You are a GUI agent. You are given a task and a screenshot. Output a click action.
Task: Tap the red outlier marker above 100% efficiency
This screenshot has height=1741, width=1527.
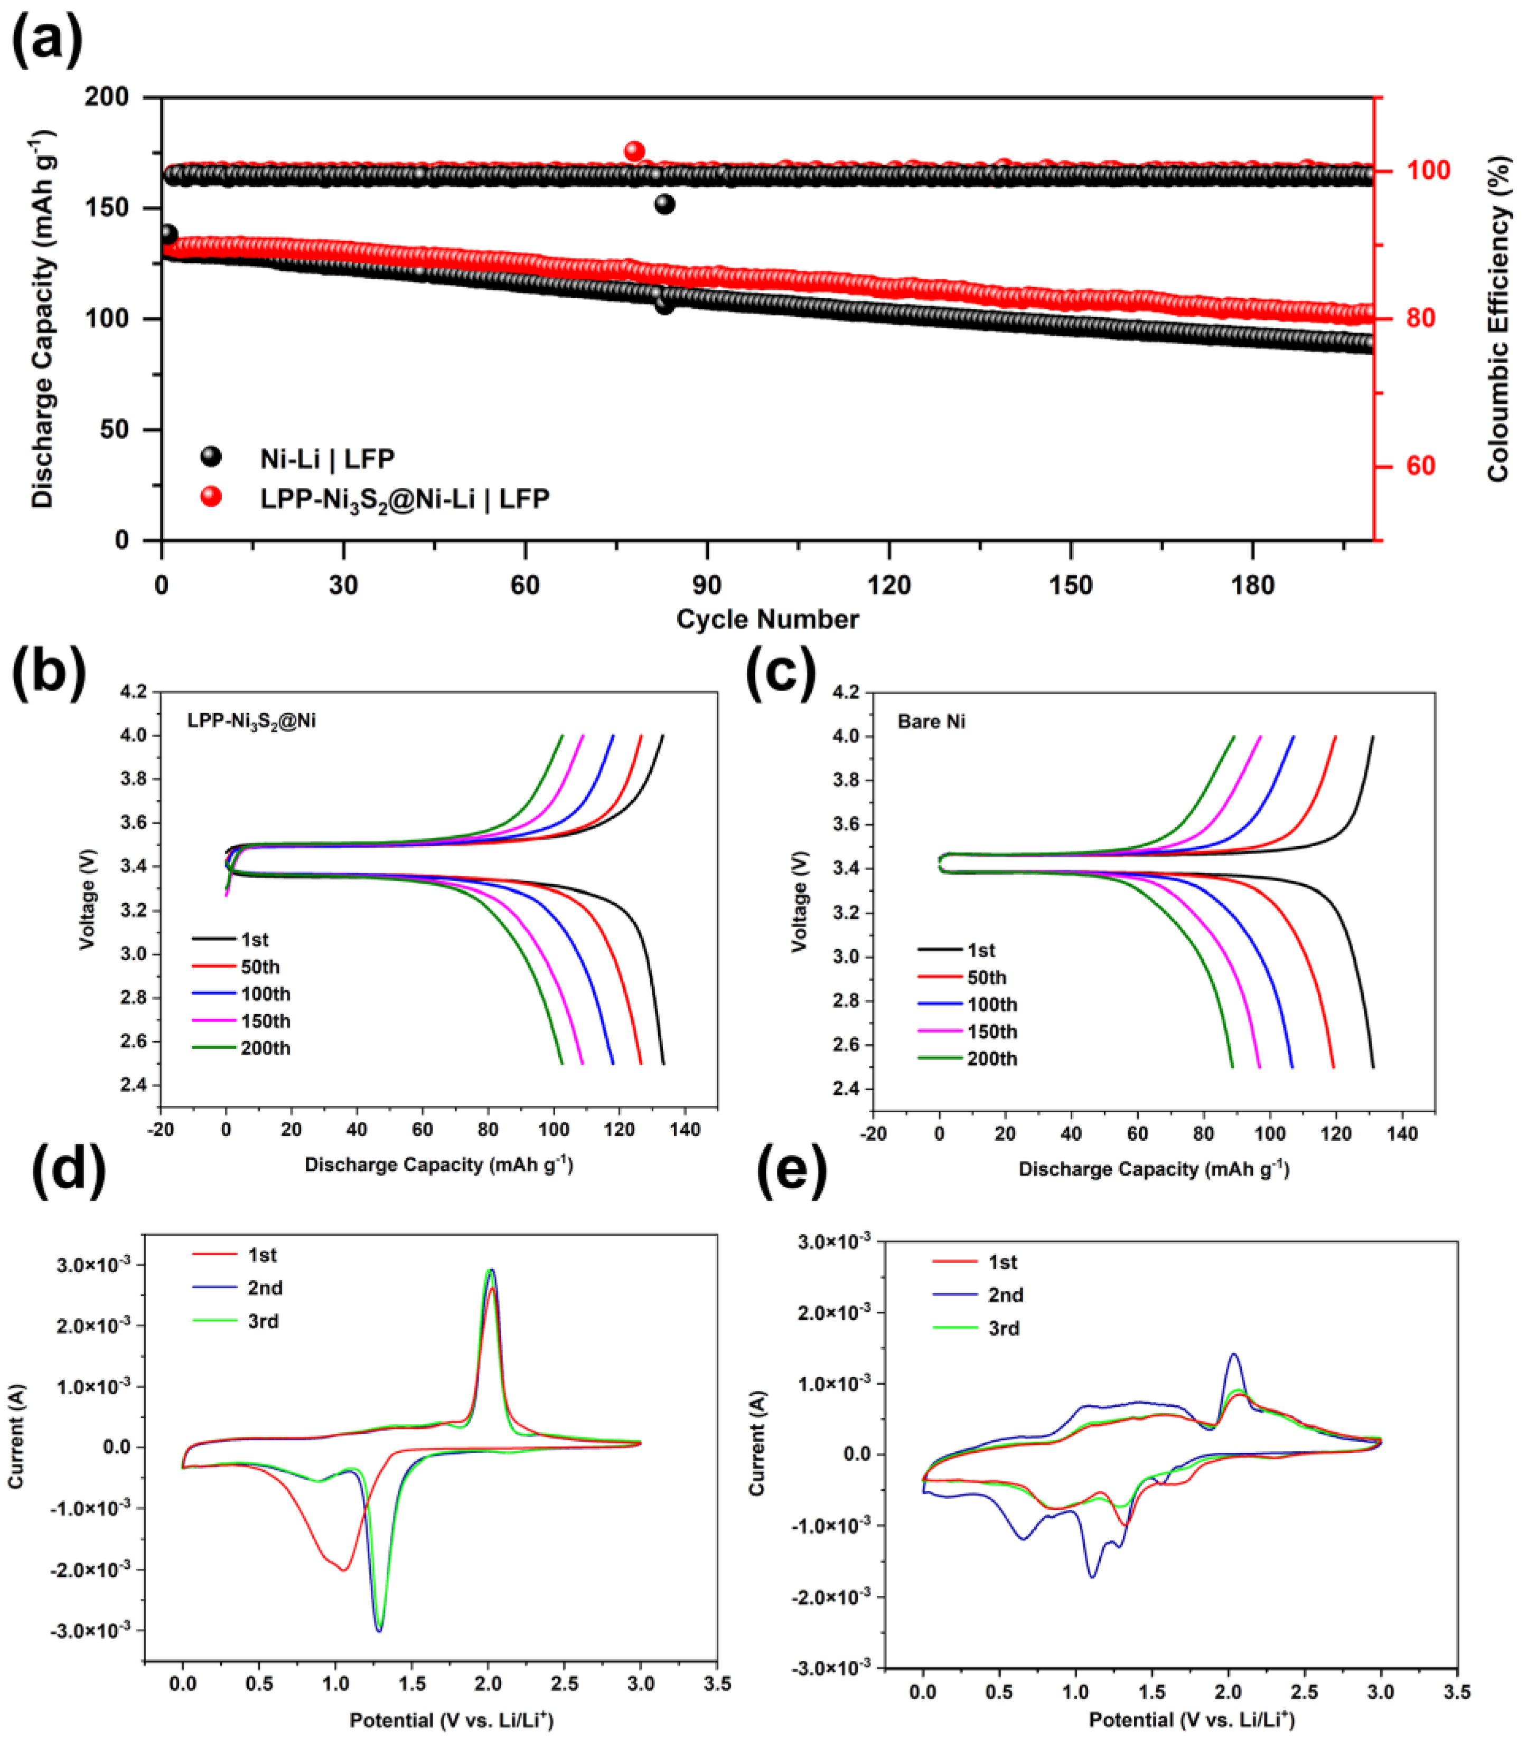click(634, 152)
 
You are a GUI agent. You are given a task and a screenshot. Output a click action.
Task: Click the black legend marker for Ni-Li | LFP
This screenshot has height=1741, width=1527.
click(210, 457)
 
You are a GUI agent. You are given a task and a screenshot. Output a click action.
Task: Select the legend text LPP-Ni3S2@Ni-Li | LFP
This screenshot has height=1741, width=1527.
click(404, 498)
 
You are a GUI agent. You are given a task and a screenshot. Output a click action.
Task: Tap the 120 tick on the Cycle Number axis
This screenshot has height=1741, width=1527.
click(888, 586)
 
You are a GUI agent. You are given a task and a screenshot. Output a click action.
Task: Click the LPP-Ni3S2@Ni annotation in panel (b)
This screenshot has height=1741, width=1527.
click(251, 722)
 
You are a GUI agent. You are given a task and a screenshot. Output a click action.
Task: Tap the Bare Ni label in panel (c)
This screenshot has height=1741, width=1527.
click(931, 722)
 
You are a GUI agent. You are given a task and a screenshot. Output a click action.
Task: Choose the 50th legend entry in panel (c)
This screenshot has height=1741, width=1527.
click(987, 977)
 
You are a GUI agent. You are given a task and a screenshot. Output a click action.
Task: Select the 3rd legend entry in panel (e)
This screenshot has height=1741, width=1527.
click(1003, 1328)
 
